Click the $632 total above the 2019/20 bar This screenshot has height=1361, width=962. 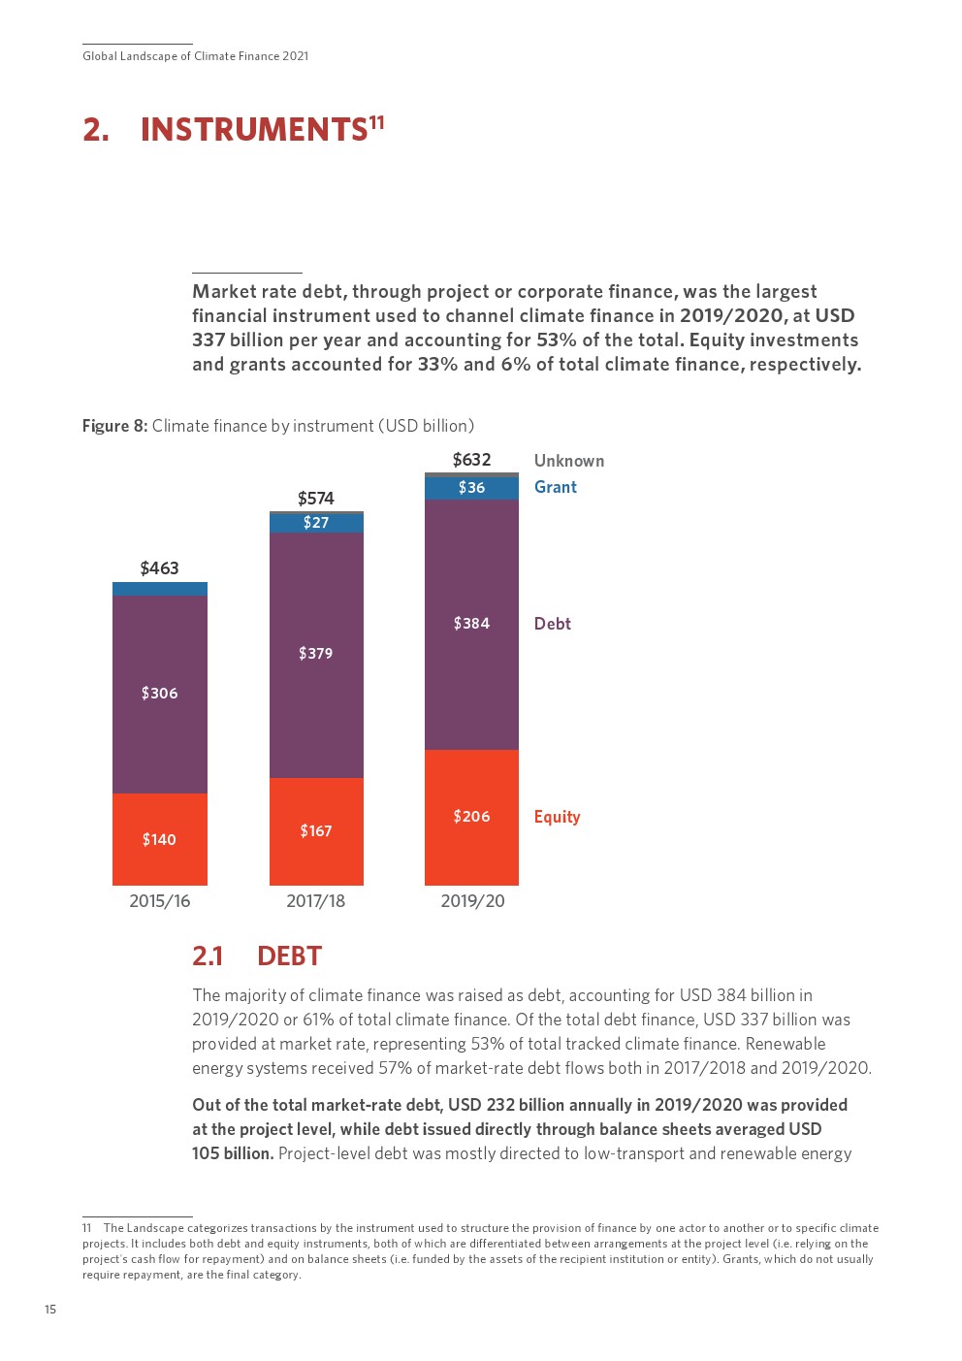click(471, 460)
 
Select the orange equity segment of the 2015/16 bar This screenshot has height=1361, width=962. click(160, 839)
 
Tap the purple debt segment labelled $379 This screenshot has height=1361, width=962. click(316, 654)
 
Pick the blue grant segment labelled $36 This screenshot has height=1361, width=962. click(471, 488)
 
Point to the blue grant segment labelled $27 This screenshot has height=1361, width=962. click(316, 523)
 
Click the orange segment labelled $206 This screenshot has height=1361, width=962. click(471, 817)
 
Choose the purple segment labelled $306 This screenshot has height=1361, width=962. click(160, 694)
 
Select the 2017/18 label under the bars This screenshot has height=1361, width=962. click(316, 901)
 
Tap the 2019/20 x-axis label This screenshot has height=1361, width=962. click(472, 901)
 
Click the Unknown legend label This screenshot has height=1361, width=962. click(569, 461)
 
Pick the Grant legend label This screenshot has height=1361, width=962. click(556, 487)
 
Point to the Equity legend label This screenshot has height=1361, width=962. click(557, 817)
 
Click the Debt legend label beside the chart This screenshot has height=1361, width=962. click(553, 624)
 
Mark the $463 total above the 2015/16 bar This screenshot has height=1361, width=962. click(160, 568)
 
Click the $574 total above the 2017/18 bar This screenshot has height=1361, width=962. click(316, 499)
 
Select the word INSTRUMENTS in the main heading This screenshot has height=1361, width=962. click(254, 130)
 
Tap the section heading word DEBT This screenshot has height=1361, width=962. click(289, 956)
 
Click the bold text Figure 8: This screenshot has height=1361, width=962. click(114, 426)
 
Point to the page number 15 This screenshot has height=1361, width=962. click(50, 1310)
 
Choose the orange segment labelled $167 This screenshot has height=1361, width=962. click(316, 831)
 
